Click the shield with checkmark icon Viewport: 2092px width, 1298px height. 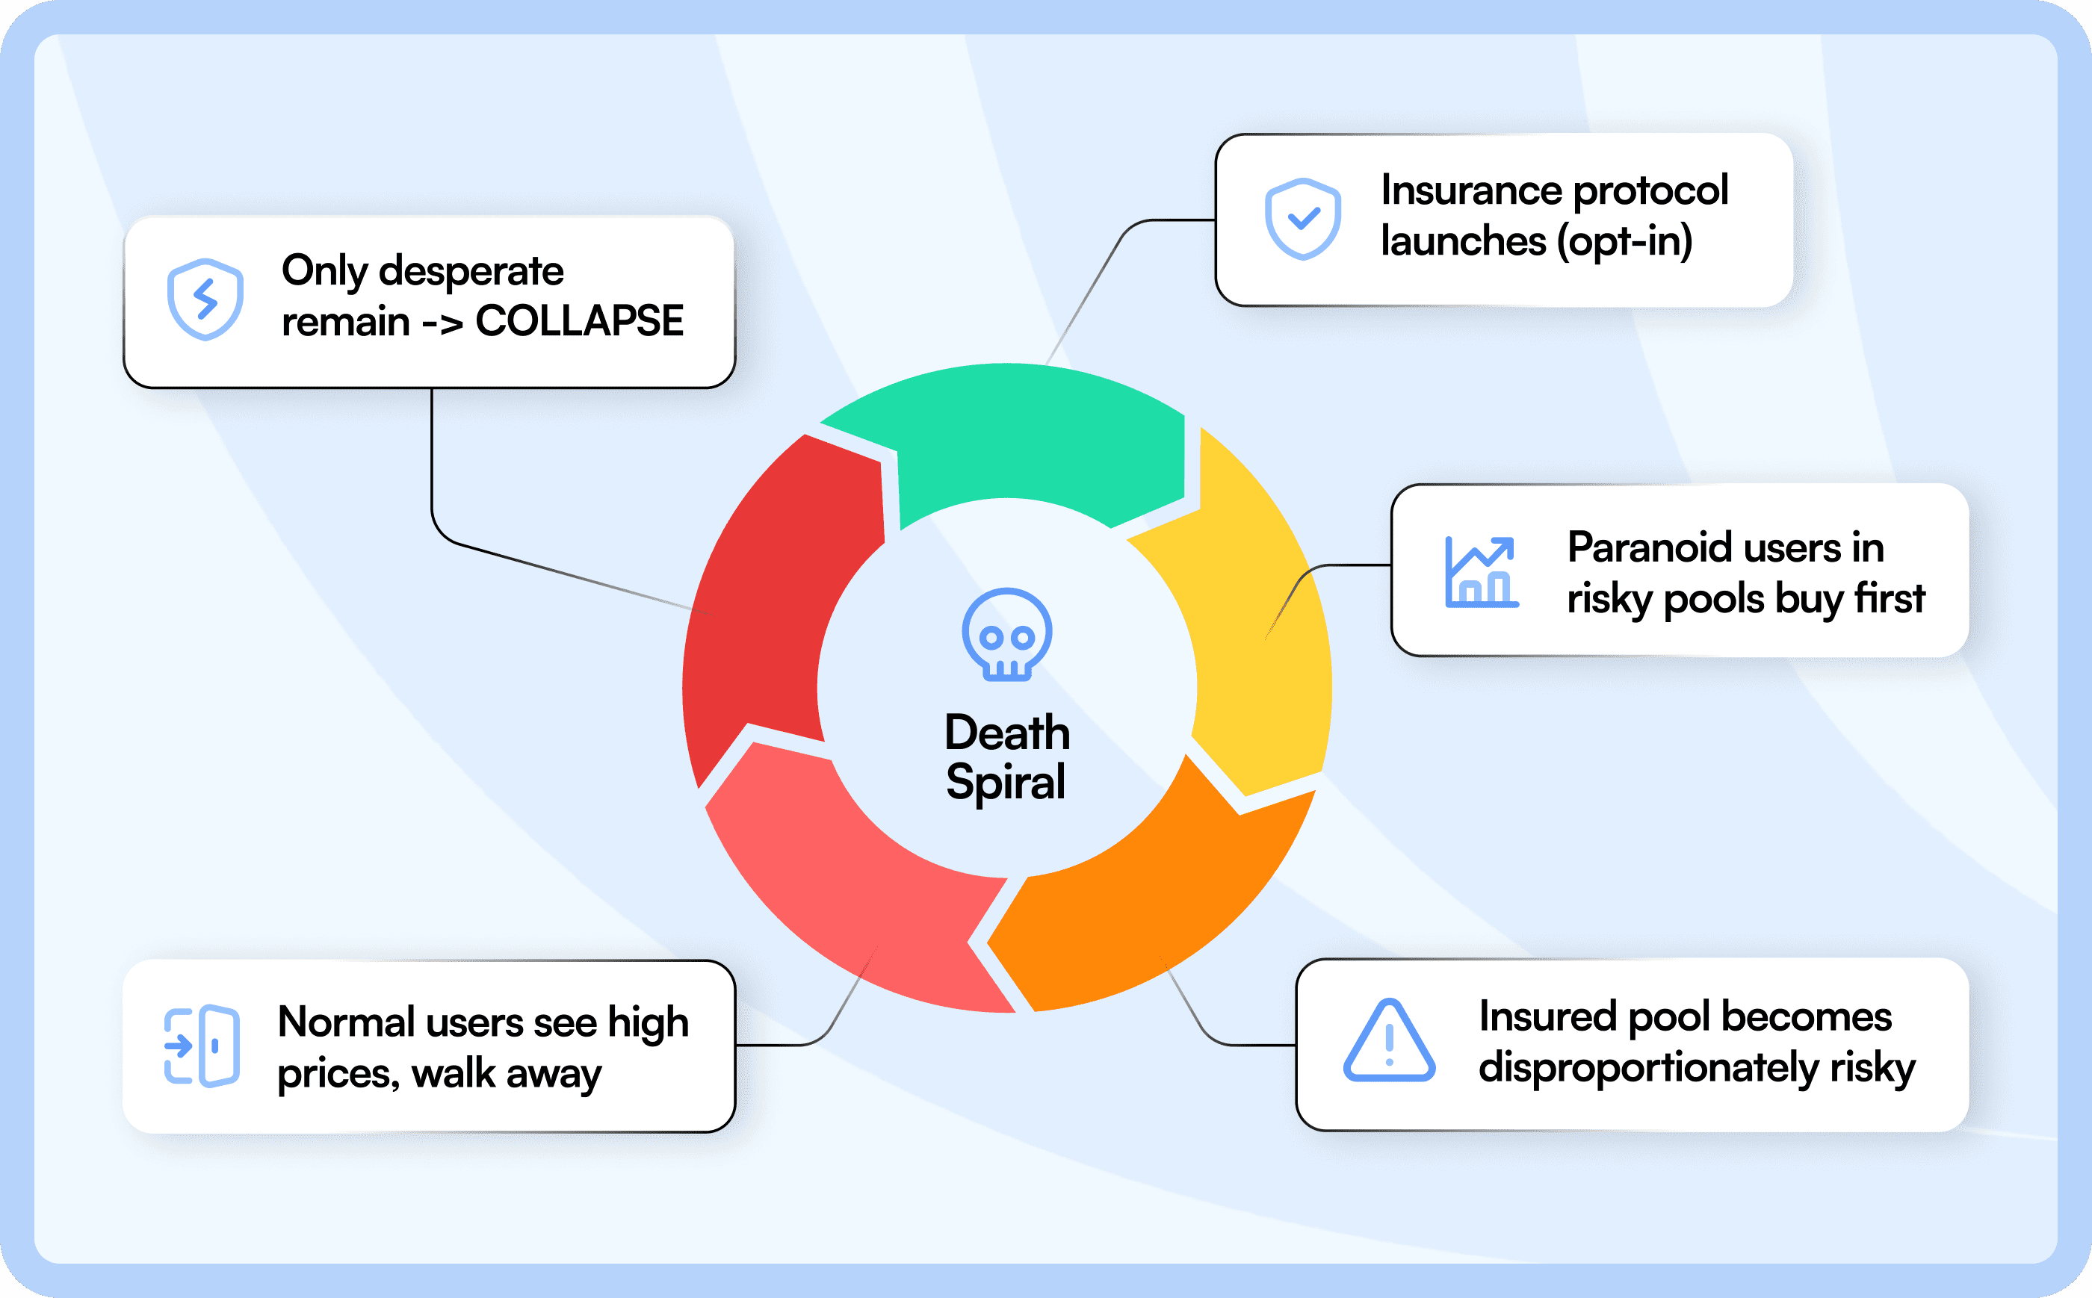pyautogui.click(x=1302, y=219)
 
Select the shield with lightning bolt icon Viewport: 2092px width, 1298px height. pyautogui.click(x=205, y=299)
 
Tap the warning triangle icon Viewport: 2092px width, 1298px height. pyautogui.click(x=1389, y=1040)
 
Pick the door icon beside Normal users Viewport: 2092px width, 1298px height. pyautogui.click(x=202, y=1046)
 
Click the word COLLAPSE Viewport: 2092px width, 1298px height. pyautogui.click(x=580, y=322)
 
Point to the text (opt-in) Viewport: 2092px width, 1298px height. pyautogui.click(x=1625, y=241)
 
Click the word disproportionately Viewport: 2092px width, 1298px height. pyautogui.click(x=1647, y=1068)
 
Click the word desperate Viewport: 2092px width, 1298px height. pyautogui.click(x=471, y=271)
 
